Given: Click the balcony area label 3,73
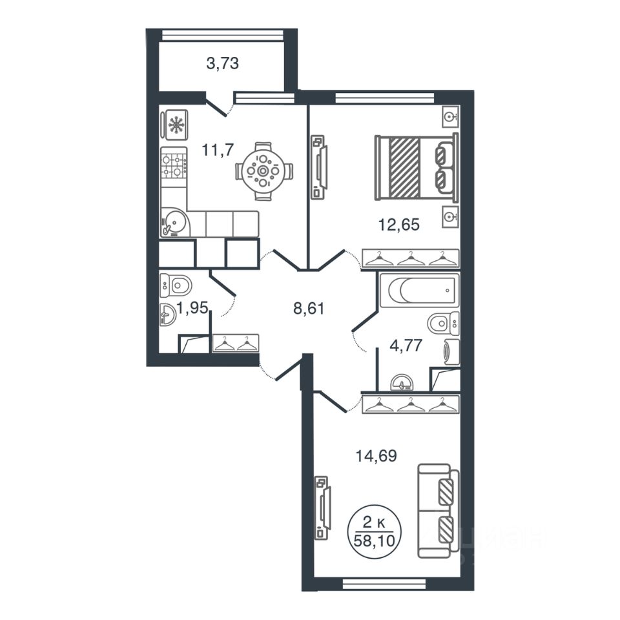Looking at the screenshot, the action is point(223,63).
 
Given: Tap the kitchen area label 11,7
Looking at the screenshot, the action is point(218,150).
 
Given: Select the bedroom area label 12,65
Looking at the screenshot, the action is point(399,225).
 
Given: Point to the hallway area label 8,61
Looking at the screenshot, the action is point(309,308).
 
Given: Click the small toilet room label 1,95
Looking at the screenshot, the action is point(193,307).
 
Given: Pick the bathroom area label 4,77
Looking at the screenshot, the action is point(406,346).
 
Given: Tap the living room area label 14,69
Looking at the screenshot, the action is point(376,456).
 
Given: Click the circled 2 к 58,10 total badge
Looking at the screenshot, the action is point(374,532).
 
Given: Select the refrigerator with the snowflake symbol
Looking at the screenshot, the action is point(174,125).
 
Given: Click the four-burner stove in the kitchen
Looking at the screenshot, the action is point(174,167).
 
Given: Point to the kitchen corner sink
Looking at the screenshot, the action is point(174,223).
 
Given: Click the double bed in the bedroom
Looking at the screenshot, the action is point(417,167).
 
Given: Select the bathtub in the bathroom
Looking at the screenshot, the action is point(419,290).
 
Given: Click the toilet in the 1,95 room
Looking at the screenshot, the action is point(176,285).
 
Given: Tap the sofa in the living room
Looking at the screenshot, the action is point(438,511).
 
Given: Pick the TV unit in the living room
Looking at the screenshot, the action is point(322,508).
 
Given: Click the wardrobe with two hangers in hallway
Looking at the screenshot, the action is point(236,343).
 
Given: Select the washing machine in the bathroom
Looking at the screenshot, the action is point(452,351).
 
